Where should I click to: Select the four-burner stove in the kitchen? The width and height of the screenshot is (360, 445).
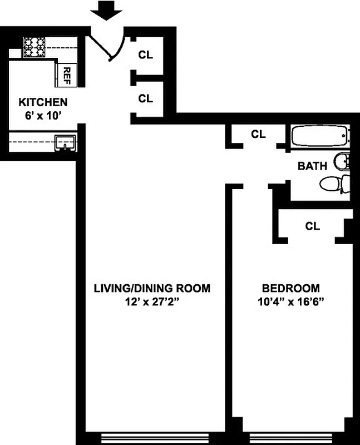point(34,47)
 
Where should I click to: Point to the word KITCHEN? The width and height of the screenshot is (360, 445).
point(43,102)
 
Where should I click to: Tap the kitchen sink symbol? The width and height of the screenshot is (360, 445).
point(66,143)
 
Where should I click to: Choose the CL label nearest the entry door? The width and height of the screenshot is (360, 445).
point(145,55)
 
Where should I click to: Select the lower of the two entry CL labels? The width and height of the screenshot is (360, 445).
point(145,98)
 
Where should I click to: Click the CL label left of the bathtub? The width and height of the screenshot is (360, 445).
point(258,134)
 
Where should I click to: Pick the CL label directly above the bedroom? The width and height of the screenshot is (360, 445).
point(312,226)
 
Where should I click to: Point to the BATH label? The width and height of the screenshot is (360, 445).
point(312,166)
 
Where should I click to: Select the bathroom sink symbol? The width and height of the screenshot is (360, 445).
point(343,162)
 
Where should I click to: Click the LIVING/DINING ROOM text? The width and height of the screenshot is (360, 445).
point(152,288)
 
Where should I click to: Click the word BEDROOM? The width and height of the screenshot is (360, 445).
point(290,288)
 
